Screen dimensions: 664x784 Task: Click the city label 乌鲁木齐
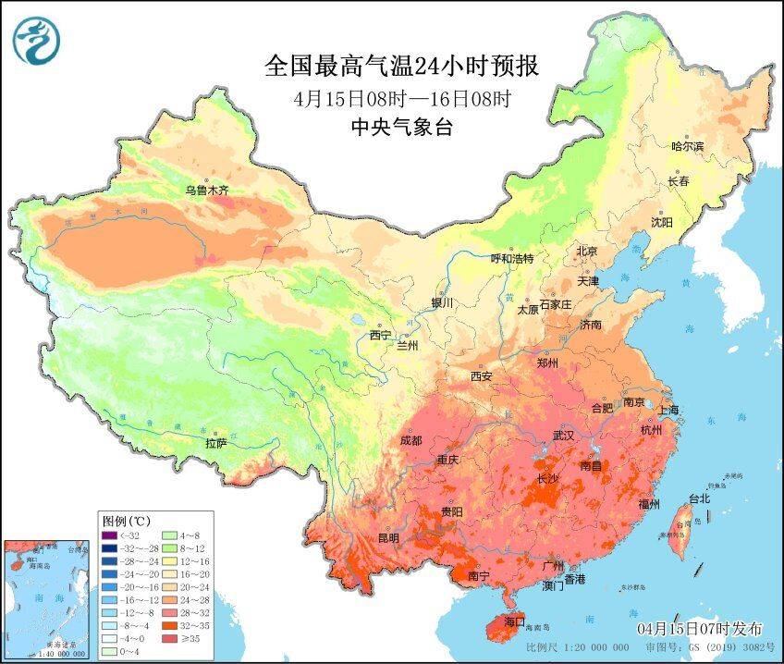click(205, 191)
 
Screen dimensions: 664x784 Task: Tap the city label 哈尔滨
click(687, 146)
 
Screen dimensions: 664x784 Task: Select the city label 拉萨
click(215, 443)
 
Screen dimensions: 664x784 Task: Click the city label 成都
click(411, 440)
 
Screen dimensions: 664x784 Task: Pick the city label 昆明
click(388, 537)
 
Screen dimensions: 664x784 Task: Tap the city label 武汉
click(563, 435)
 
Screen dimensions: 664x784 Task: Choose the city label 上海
click(669, 409)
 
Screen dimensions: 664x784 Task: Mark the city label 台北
click(699, 498)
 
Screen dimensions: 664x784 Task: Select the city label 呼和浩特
click(511, 259)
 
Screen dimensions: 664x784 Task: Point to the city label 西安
click(481, 376)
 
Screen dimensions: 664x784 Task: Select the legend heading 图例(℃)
click(127, 520)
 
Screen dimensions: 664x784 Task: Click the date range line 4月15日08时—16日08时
click(401, 98)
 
